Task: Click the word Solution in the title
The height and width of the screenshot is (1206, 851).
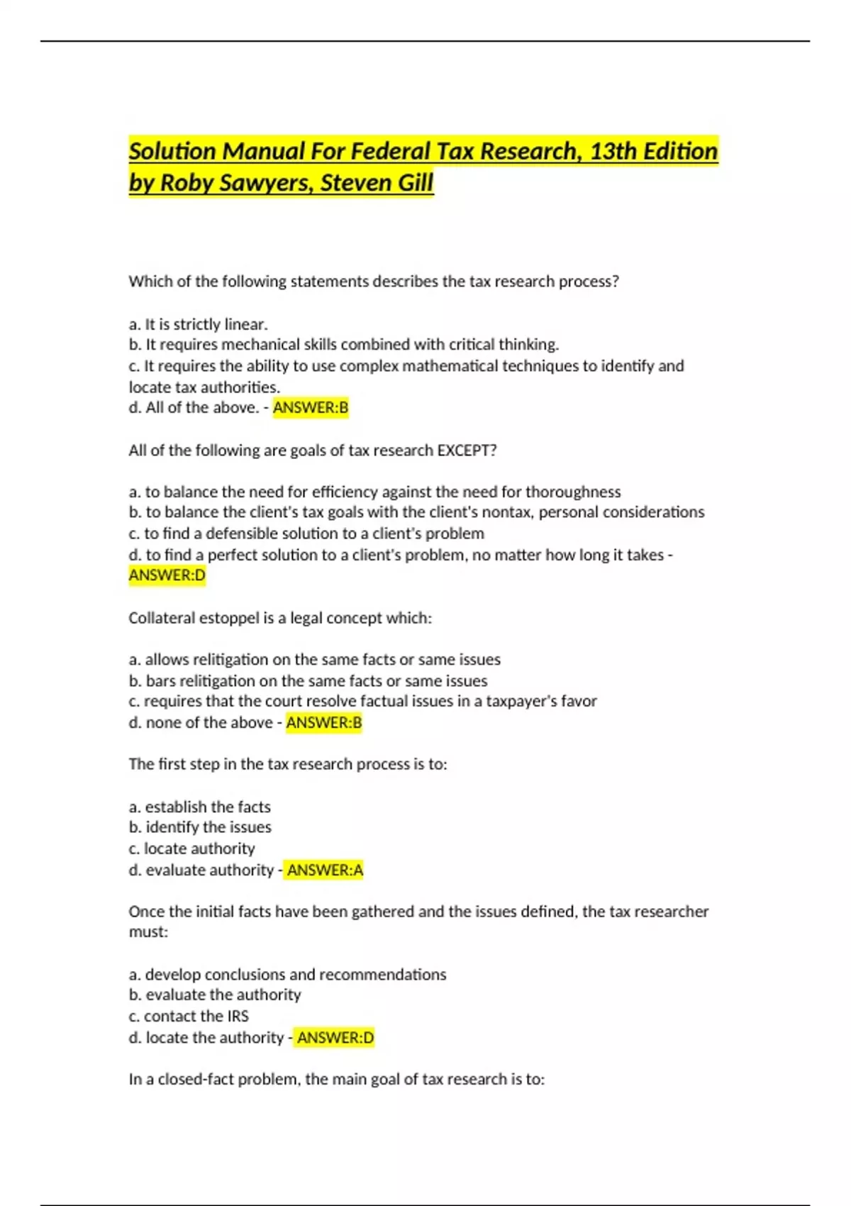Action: coord(172,151)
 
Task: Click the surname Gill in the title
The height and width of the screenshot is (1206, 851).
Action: coord(414,183)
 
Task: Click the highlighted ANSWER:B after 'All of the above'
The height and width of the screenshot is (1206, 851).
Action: coord(311,408)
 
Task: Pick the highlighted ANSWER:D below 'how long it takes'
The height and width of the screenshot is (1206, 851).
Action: coord(167,575)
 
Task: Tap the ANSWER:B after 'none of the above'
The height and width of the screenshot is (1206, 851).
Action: coord(324,723)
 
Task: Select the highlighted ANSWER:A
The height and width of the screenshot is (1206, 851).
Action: coord(325,870)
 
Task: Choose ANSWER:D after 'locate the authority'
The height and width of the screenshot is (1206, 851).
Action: coord(335,1038)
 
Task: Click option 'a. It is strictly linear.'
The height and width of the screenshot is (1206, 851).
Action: coord(199,324)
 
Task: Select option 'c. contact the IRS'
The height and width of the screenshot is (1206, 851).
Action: coord(189,1016)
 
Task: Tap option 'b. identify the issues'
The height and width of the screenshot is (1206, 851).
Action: coord(200,827)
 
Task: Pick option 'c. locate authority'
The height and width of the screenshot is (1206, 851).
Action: coord(191,848)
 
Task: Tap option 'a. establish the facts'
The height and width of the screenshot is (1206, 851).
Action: coord(200,807)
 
